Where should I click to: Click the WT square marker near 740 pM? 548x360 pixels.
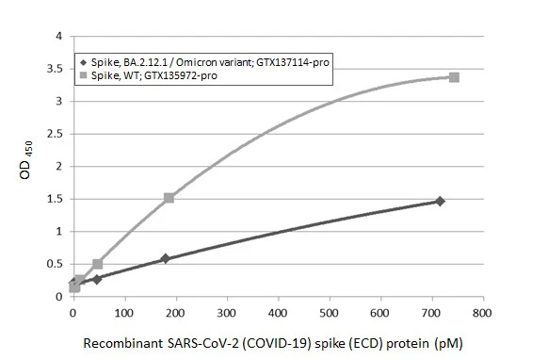click(454, 76)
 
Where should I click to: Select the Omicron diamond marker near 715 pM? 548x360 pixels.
click(440, 201)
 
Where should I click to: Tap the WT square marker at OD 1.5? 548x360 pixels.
click(169, 198)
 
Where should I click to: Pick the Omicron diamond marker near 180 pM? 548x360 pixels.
click(166, 258)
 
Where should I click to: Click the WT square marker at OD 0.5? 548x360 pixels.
click(98, 264)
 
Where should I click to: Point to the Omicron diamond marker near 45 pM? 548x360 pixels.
click(97, 279)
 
